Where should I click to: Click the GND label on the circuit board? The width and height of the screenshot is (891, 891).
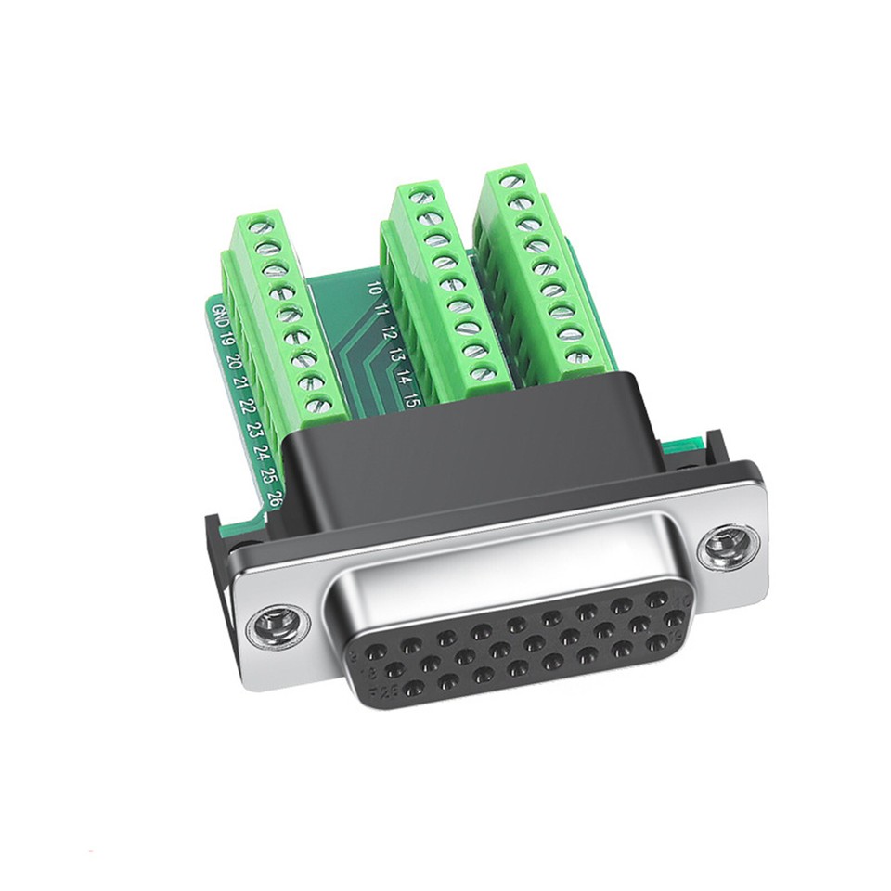[220, 315]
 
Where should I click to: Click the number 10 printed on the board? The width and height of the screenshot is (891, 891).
[374, 289]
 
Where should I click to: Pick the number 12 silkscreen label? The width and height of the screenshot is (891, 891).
[389, 331]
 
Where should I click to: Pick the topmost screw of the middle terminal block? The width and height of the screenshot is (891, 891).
[420, 196]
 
